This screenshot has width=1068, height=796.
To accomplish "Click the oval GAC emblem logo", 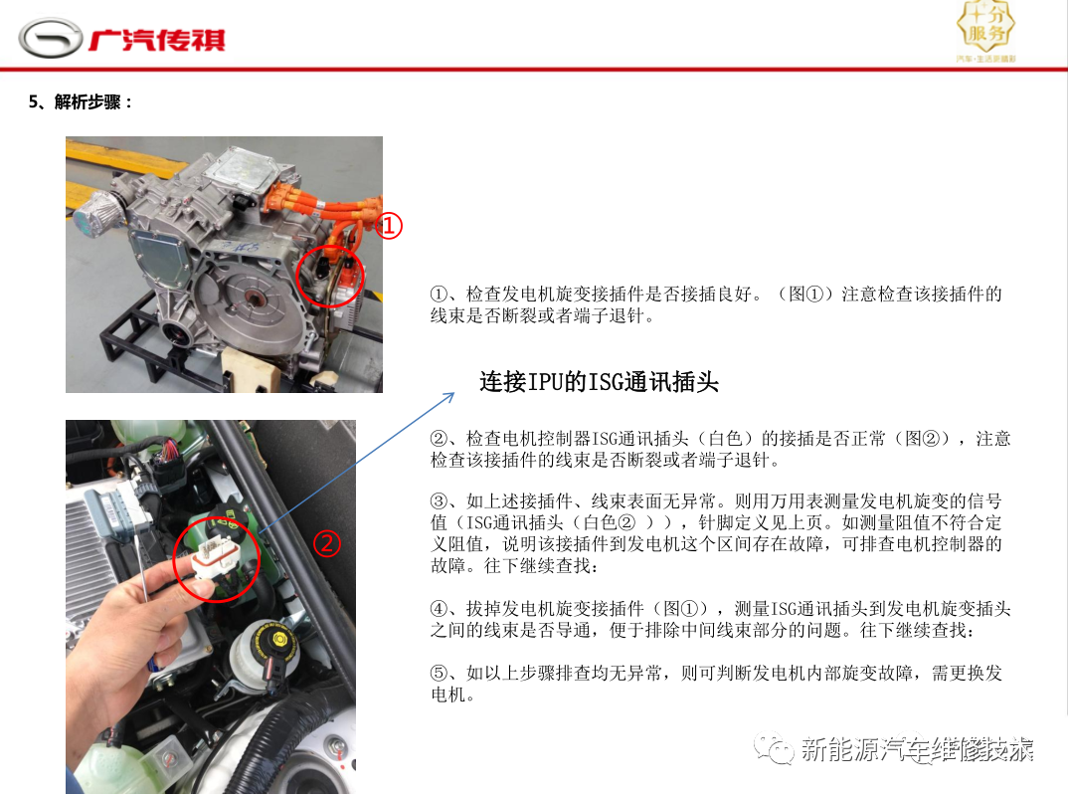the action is click(x=51, y=38).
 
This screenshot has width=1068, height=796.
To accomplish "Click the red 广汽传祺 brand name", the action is click(x=157, y=40).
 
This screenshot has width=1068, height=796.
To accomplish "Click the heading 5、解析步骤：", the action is click(x=81, y=102).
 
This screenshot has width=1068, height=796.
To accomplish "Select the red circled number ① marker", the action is click(x=389, y=226).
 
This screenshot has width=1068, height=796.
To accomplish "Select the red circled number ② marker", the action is click(x=327, y=543).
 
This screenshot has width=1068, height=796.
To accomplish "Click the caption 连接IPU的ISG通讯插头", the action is click(x=599, y=382).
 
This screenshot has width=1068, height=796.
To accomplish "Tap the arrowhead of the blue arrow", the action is click(x=449, y=397).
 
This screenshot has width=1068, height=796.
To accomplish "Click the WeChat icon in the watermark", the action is click(x=774, y=749).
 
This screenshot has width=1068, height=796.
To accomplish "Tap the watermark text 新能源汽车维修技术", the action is click(x=917, y=749).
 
